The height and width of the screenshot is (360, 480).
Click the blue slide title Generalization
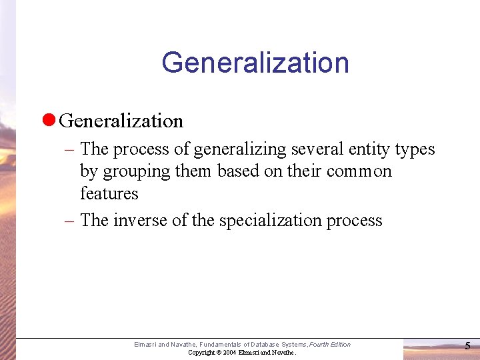pos(255,63)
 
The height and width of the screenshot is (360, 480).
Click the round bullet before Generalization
pos(47,121)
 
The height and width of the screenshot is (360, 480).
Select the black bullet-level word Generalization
pos(121,121)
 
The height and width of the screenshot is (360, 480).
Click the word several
pos(317,149)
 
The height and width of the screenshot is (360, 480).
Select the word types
pos(415,149)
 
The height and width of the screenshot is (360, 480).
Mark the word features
pos(109,193)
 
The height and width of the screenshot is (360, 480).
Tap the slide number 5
pos(467,346)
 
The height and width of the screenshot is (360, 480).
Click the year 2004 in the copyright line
pos(230,352)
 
